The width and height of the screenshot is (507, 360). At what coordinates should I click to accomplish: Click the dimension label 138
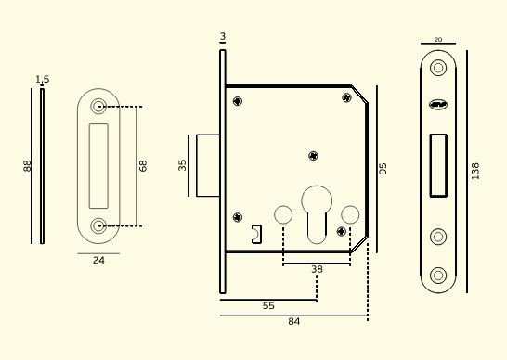pyautogui.click(x=475, y=172)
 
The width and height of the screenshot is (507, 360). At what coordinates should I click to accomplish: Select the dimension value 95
pyautogui.click(x=383, y=169)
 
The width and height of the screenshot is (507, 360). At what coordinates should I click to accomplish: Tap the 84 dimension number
pyautogui.click(x=294, y=322)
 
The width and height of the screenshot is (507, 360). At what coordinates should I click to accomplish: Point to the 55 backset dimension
pyautogui.click(x=268, y=305)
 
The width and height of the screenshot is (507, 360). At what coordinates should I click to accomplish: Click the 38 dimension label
pyautogui.click(x=317, y=269)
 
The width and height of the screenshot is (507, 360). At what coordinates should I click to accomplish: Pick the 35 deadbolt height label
pyautogui.click(x=182, y=165)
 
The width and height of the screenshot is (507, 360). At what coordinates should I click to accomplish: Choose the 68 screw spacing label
pyautogui.click(x=143, y=166)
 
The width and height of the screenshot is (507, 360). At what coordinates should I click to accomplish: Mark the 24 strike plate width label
pyautogui.click(x=98, y=260)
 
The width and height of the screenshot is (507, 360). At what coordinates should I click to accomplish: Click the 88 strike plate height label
pyautogui.click(x=27, y=166)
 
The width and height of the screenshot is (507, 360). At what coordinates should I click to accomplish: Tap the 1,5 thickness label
pyautogui.click(x=43, y=79)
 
